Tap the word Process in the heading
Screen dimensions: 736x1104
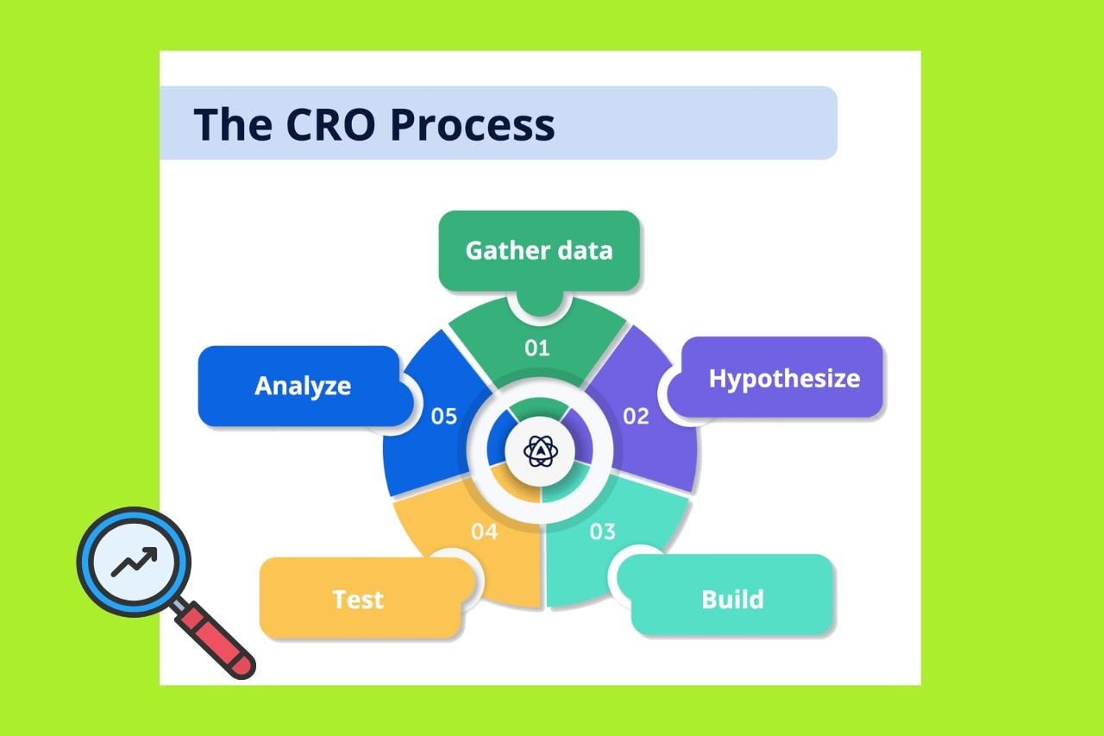pyautogui.click(x=472, y=124)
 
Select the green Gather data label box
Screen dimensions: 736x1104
pyautogui.click(x=539, y=250)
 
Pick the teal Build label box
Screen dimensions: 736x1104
pyautogui.click(x=732, y=599)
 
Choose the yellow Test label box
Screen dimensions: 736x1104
pyautogui.click(x=358, y=599)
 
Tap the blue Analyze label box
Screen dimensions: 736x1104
pyautogui.click(x=302, y=386)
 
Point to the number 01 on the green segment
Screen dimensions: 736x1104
pyautogui.click(x=537, y=349)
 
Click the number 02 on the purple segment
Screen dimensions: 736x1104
pyautogui.click(x=636, y=417)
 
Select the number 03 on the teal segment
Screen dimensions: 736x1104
pyautogui.click(x=603, y=532)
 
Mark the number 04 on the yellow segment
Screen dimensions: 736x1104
pyautogui.click(x=484, y=532)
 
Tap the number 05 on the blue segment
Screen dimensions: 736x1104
pyautogui.click(x=443, y=417)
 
